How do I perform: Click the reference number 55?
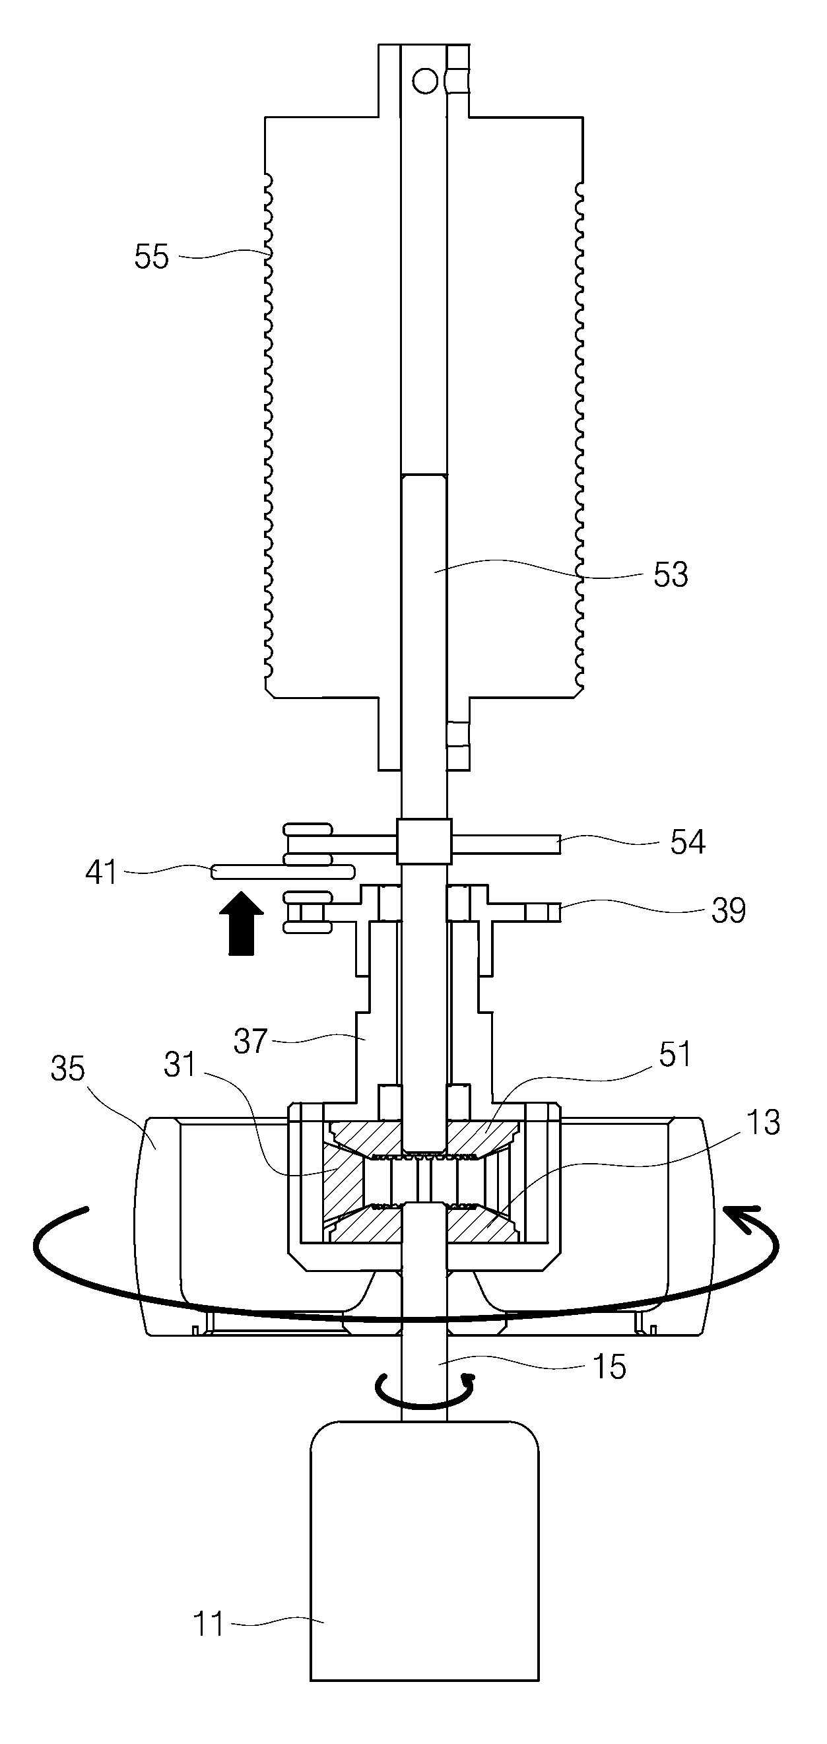(x=151, y=257)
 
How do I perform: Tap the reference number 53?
(x=670, y=574)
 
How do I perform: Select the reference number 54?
(x=688, y=842)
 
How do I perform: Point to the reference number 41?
(x=102, y=872)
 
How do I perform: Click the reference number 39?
(x=728, y=910)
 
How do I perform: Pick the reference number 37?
(x=251, y=1041)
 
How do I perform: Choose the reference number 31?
(x=180, y=1065)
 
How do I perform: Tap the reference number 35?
(x=68, y=1069)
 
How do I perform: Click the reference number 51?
(x=675, y=1054)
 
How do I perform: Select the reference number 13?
(x=764, y=1122)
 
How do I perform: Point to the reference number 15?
(x=609, y=1367)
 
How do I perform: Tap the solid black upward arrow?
(x=242, y=923)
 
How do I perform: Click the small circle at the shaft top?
(x=425, y=81)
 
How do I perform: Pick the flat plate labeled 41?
(x=283, y=872)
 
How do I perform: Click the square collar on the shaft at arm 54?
(x=424, y=841)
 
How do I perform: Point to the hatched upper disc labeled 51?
(x=424, y=1137)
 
